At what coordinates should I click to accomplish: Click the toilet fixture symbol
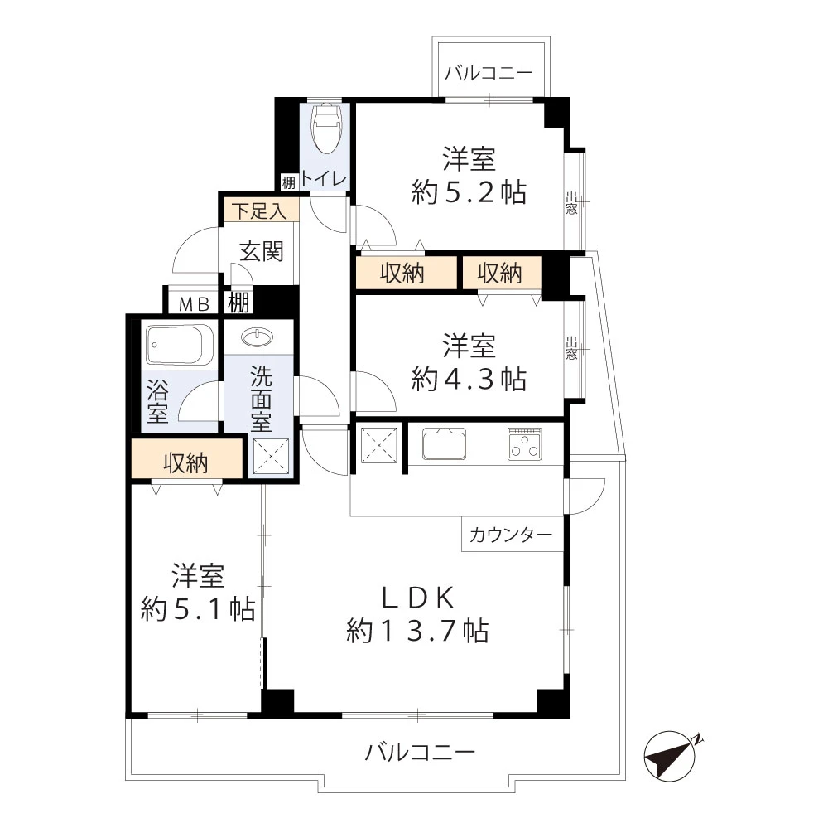point(325,128)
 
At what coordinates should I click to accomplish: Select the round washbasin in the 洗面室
point(258,337)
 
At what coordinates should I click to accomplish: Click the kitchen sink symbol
point(445,444)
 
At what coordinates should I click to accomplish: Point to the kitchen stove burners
point(524,444)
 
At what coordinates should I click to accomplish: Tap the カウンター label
point(511,535)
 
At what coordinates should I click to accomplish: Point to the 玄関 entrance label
point(262,251)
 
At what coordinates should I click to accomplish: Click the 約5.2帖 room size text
point(469,192)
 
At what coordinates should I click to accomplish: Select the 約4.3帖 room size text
point(469,379)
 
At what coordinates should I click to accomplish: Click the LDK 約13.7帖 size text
point(416,631)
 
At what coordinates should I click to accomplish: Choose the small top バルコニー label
point(489,73)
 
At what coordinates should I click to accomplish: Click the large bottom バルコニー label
point(421,753)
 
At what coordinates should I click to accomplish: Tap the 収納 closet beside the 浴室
point(185,463)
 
